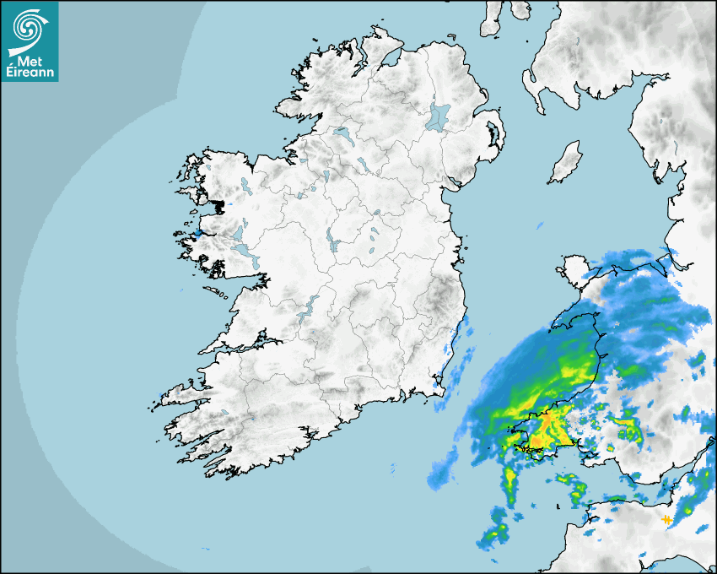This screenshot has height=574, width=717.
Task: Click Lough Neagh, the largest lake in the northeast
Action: coord(439,116)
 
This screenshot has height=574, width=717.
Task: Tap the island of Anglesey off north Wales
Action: coord(574,271)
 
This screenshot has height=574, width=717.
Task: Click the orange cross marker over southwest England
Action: coord(666,519)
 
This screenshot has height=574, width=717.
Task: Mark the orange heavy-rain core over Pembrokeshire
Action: coord(547,418)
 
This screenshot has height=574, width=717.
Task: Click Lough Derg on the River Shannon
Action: coord(308,308)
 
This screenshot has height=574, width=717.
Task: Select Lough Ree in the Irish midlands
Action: coord(332,243)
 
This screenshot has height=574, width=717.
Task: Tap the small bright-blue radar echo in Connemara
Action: coord(198,233)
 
